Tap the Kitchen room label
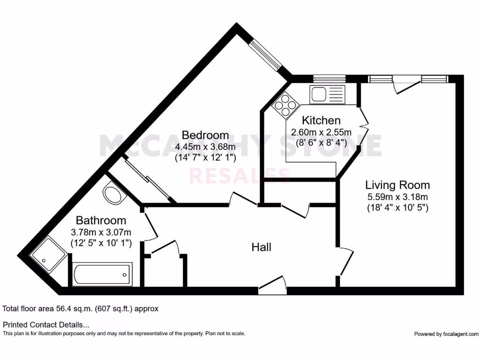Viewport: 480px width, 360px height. click(x=321, y=120)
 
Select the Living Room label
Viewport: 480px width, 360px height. click(x=397, y=185)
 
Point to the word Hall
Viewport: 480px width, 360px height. click(x=262, y=247)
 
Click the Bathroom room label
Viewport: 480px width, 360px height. click(x=101, y=220)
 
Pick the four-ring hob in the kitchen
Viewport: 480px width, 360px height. click(x=285, y=104)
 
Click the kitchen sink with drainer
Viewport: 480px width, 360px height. click(x=327, y=94)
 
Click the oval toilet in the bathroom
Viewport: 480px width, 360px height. click(x=112, y=195)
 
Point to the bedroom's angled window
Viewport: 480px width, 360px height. click(x=265, y=55)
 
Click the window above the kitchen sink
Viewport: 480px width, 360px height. click(x=329, y=79)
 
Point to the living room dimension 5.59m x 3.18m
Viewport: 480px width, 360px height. click(x=397, y=197)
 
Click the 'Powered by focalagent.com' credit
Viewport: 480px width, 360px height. click(x=446, y=334)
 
